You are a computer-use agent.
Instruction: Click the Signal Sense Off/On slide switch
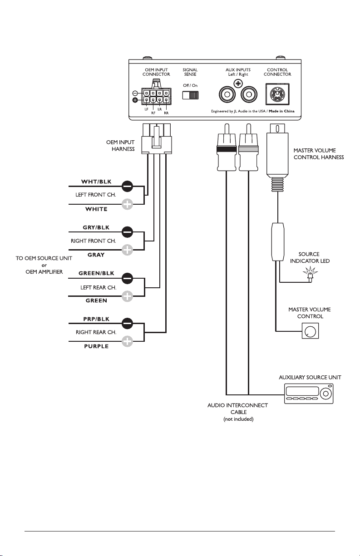(x=190, y=95)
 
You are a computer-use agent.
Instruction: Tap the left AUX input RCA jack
(x=227, y=95)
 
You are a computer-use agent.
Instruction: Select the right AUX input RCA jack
(x=248, y=95)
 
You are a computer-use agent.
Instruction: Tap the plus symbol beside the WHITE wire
(x=128, y=204)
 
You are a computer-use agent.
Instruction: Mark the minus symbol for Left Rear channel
(x=128, y=277)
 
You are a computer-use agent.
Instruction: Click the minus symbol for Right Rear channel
(x=128, y=323)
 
